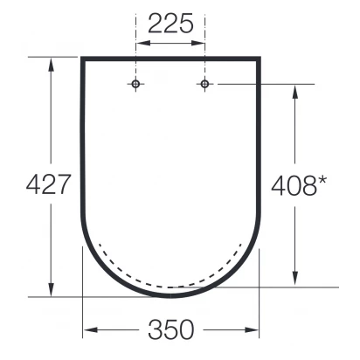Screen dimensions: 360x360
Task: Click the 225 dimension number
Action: click(x=170, y=24)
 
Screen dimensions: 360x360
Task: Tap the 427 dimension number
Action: click(x=49, y=184)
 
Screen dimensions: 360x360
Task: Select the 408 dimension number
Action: click(x=294, y=186)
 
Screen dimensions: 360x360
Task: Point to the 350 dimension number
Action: click(x=171, y=329)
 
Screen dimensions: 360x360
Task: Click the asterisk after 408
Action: click(x=322, y=181)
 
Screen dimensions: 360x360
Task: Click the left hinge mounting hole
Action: click(x=135, y=84)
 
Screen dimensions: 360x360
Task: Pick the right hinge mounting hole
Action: click(x=204, y=84)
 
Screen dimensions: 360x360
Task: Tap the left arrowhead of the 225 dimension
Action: click(x=143, y=43)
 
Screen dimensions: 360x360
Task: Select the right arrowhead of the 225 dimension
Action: click(x=197, y=43)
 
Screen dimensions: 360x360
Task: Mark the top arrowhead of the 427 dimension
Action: click(x=52, y=65)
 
